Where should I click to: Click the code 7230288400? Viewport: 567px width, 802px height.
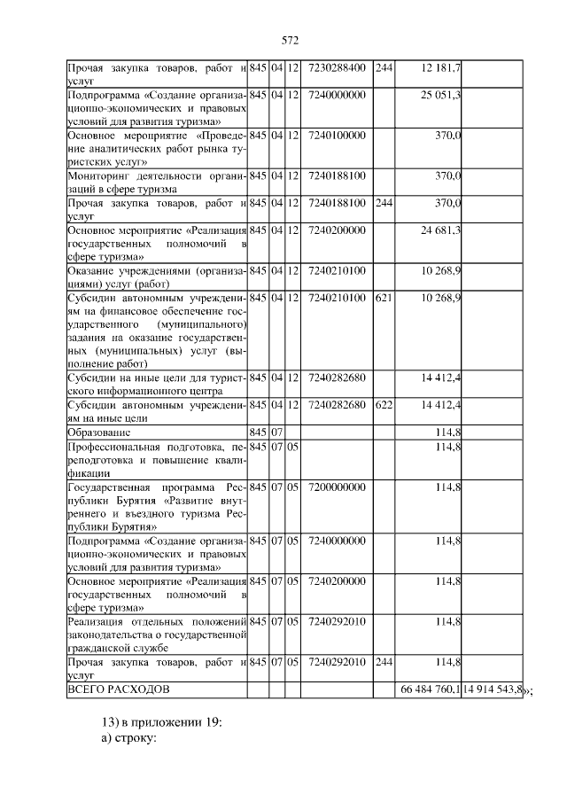337,67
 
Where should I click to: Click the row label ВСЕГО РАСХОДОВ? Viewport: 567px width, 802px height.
119,689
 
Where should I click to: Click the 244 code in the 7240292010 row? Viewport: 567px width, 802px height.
384,661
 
